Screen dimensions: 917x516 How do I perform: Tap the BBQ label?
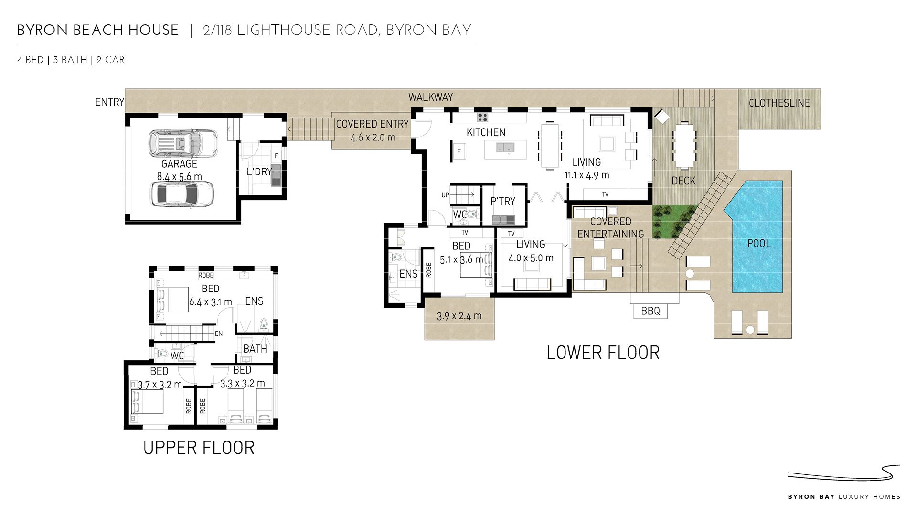pyautogui.click(x=650, y=311)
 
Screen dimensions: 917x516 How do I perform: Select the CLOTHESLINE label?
pyautogui.click(x=779, y=103)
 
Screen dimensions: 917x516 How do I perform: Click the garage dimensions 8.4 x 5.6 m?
pyautogui.click(x=180, y=177)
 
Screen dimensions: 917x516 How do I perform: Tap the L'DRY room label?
pyautogui.click(x=259, y=172)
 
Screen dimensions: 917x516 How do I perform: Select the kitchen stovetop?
pyautogui.click(x=482, y=118)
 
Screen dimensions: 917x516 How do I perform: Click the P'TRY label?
pyautogui.click(x=503, y=202)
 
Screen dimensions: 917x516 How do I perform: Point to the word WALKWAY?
pyautogui.click(x=430, y=97)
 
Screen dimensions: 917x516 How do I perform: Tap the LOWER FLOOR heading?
pyautogui.click(x=603, y=353)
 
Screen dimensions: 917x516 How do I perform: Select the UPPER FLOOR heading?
pyautogui.click(x=199, y=448)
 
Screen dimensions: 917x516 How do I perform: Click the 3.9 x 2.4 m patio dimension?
pyautogui.click(x=459, y=316)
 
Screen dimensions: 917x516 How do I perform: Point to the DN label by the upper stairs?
pyautogui.click(x=219, y=334)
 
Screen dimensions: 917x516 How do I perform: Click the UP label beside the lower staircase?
pyautogui.click(x=446, y=195)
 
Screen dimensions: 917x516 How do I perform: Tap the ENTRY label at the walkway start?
pyautogui.click(x=109, y=102)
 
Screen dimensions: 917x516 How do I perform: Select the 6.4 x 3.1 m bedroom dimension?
pyautogui.click(x=211, y=302)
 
